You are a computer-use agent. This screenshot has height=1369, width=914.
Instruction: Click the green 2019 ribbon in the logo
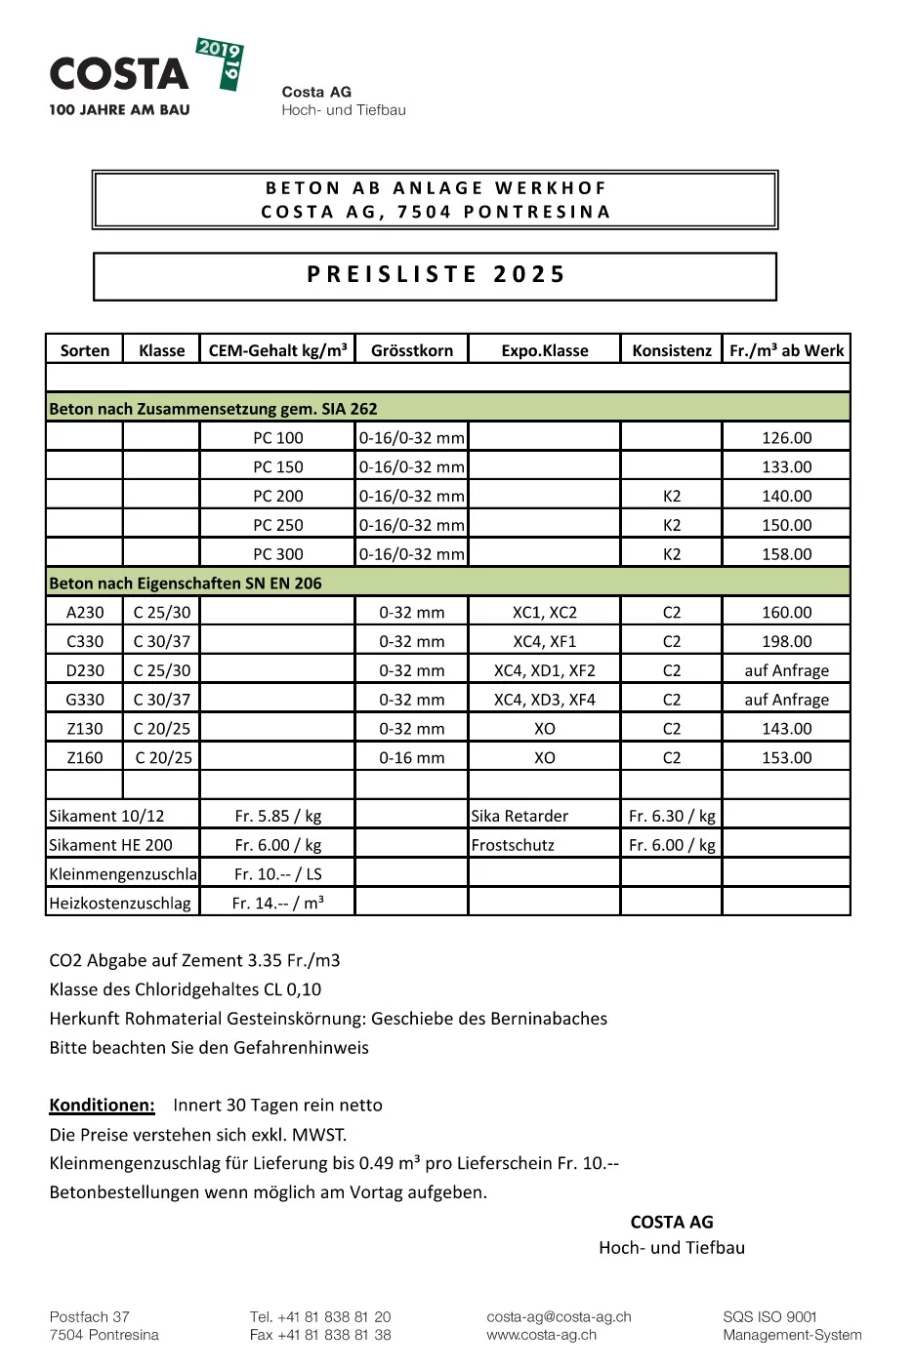click(x=223, y=62)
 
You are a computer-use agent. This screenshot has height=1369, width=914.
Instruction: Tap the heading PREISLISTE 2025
click(x=436, y=275)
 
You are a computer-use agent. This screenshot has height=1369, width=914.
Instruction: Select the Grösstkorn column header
click(x=412, y=350)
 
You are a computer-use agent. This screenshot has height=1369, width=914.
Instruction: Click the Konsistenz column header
click(x=672, y=350)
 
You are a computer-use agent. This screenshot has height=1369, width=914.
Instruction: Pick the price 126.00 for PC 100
click(x=786, y=438)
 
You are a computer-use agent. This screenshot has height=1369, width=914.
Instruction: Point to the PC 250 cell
click(x=278, y=525)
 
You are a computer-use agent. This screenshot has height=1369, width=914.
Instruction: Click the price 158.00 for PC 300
click(x=786, y=554)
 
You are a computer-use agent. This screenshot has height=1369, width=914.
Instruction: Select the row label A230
click(x=85, y=613)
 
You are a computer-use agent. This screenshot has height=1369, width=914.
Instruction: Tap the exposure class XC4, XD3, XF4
click(x=544, y=700)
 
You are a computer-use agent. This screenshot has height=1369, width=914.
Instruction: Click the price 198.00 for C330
click(x=786, y=641)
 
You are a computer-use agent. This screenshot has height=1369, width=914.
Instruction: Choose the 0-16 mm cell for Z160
click(x=412, y=757)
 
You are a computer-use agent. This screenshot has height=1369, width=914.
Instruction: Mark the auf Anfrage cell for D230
click(x=786, y=670)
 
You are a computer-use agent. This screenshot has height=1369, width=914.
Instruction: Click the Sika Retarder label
click(x=519, y=816)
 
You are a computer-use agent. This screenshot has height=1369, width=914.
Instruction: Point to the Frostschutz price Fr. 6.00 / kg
click(x=672, y=845)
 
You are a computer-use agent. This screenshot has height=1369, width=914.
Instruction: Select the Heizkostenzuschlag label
click(x=120, y=904)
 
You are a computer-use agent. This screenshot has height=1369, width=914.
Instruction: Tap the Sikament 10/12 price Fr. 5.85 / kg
click(x=278, y=816)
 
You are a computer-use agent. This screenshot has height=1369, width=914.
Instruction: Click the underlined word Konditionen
click(x=102, y=1106)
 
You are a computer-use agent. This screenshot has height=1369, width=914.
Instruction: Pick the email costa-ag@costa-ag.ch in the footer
click(x=559, y=1317)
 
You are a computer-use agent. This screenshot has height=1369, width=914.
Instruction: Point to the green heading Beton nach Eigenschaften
click(x=186, y=584)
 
